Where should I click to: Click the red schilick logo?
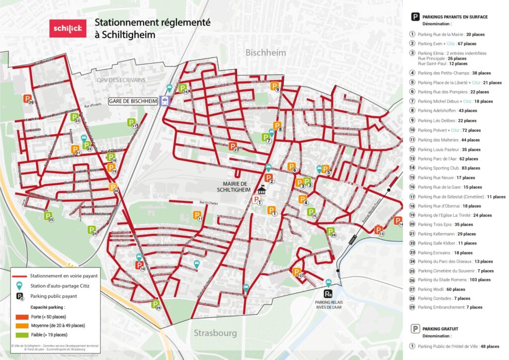tap(66, 29)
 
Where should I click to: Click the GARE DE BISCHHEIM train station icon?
tap(165, 101)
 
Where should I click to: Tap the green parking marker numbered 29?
tap(155, 304)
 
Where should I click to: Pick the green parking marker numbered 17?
tap(131, 122)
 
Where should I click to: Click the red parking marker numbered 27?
tap(232, 146)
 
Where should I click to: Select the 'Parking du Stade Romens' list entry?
tap(455, 280)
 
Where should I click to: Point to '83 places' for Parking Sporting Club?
tap(470, 168)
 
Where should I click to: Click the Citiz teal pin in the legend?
tap(19, 286)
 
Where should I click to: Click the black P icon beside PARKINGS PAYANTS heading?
tap(414, 17)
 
